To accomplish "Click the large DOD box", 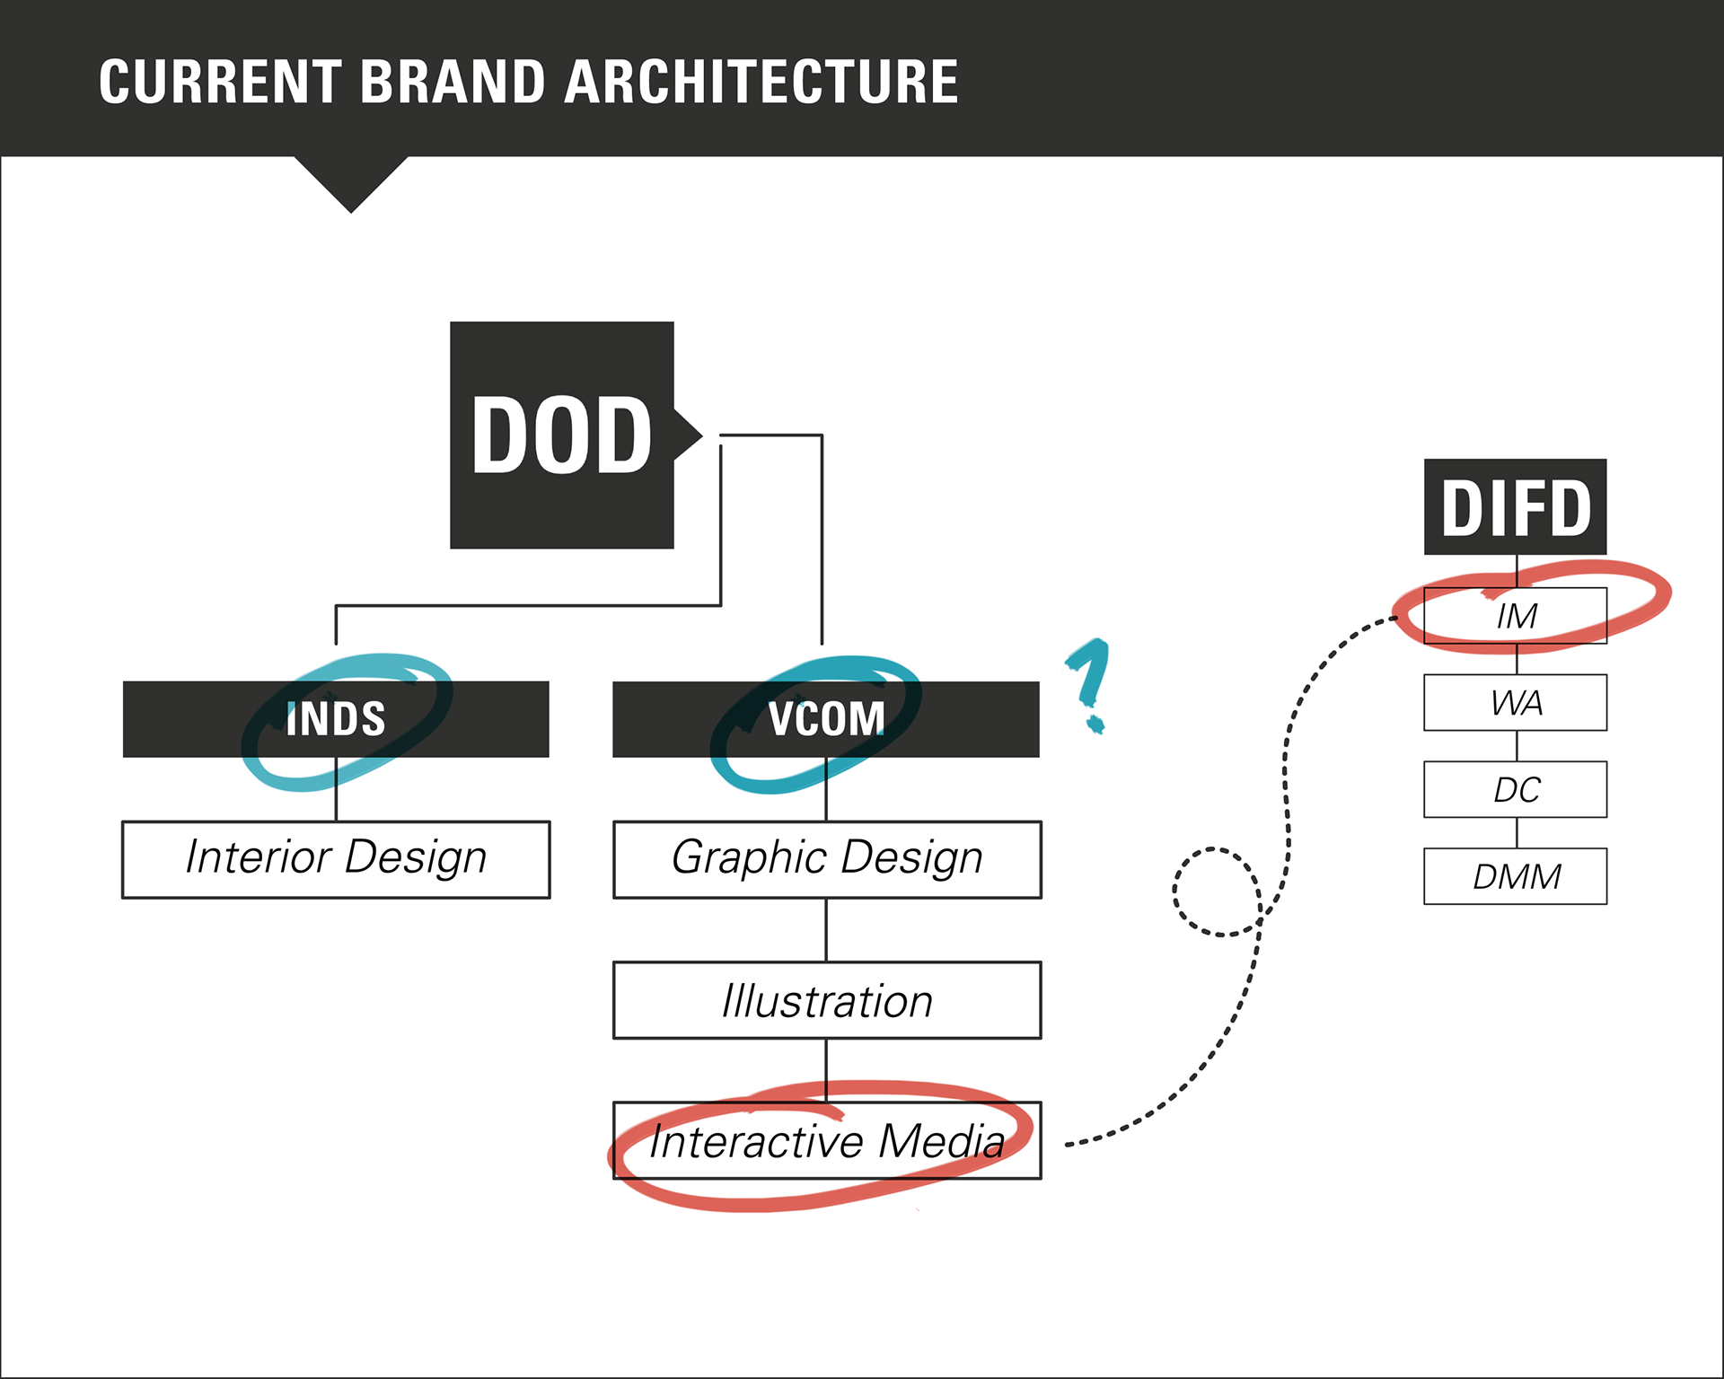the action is [561, 435].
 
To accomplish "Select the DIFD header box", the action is [1515, 507].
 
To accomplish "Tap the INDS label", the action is [336, 719].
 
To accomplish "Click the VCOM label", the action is [826, 719].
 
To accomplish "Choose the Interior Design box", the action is [336, 859].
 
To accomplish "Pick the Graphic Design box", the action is [826, 859].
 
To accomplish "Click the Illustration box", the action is [826, 1000].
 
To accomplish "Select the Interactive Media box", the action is [826, 1140].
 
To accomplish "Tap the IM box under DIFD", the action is [1515, 616].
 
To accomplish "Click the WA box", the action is [1515, 702].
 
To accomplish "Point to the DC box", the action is [1515, 789].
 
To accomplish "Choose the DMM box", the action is [1515, 876].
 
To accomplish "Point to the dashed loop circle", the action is [1217, 892].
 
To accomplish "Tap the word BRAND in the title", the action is [453, 82].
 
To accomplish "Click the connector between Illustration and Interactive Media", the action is [826, 1070].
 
